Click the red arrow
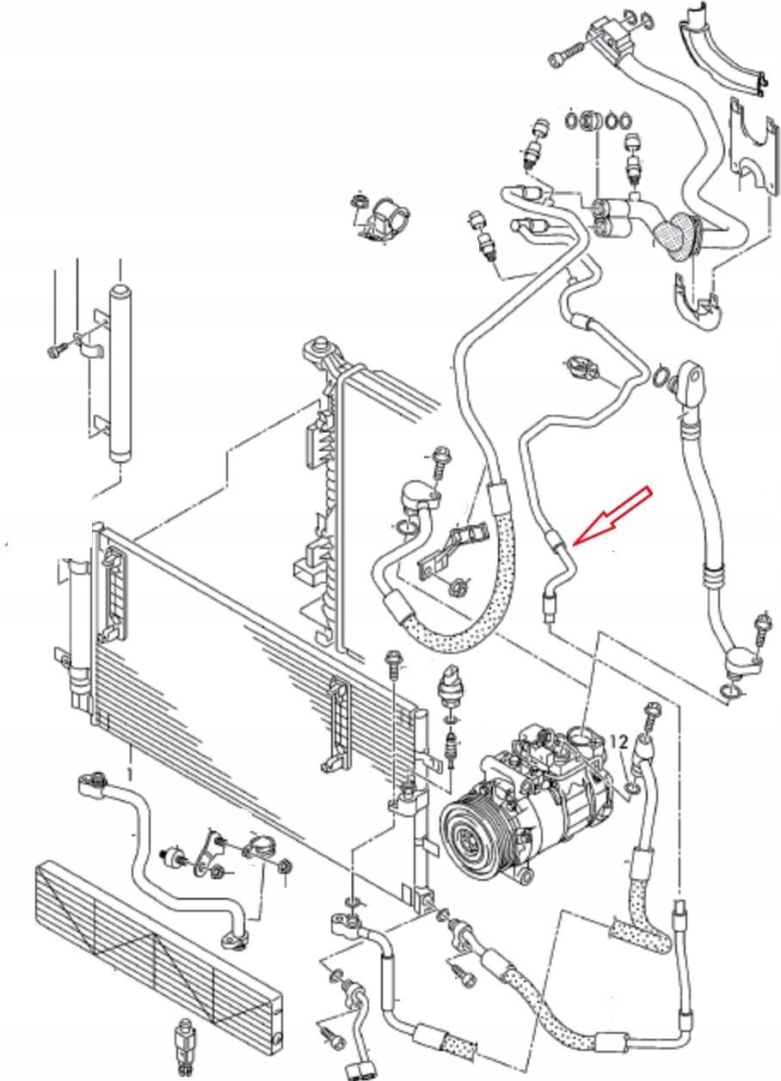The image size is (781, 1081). tap(613, 516)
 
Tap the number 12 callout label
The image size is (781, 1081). tap(619, 742)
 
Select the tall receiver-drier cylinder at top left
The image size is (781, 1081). tap(120, 374)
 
